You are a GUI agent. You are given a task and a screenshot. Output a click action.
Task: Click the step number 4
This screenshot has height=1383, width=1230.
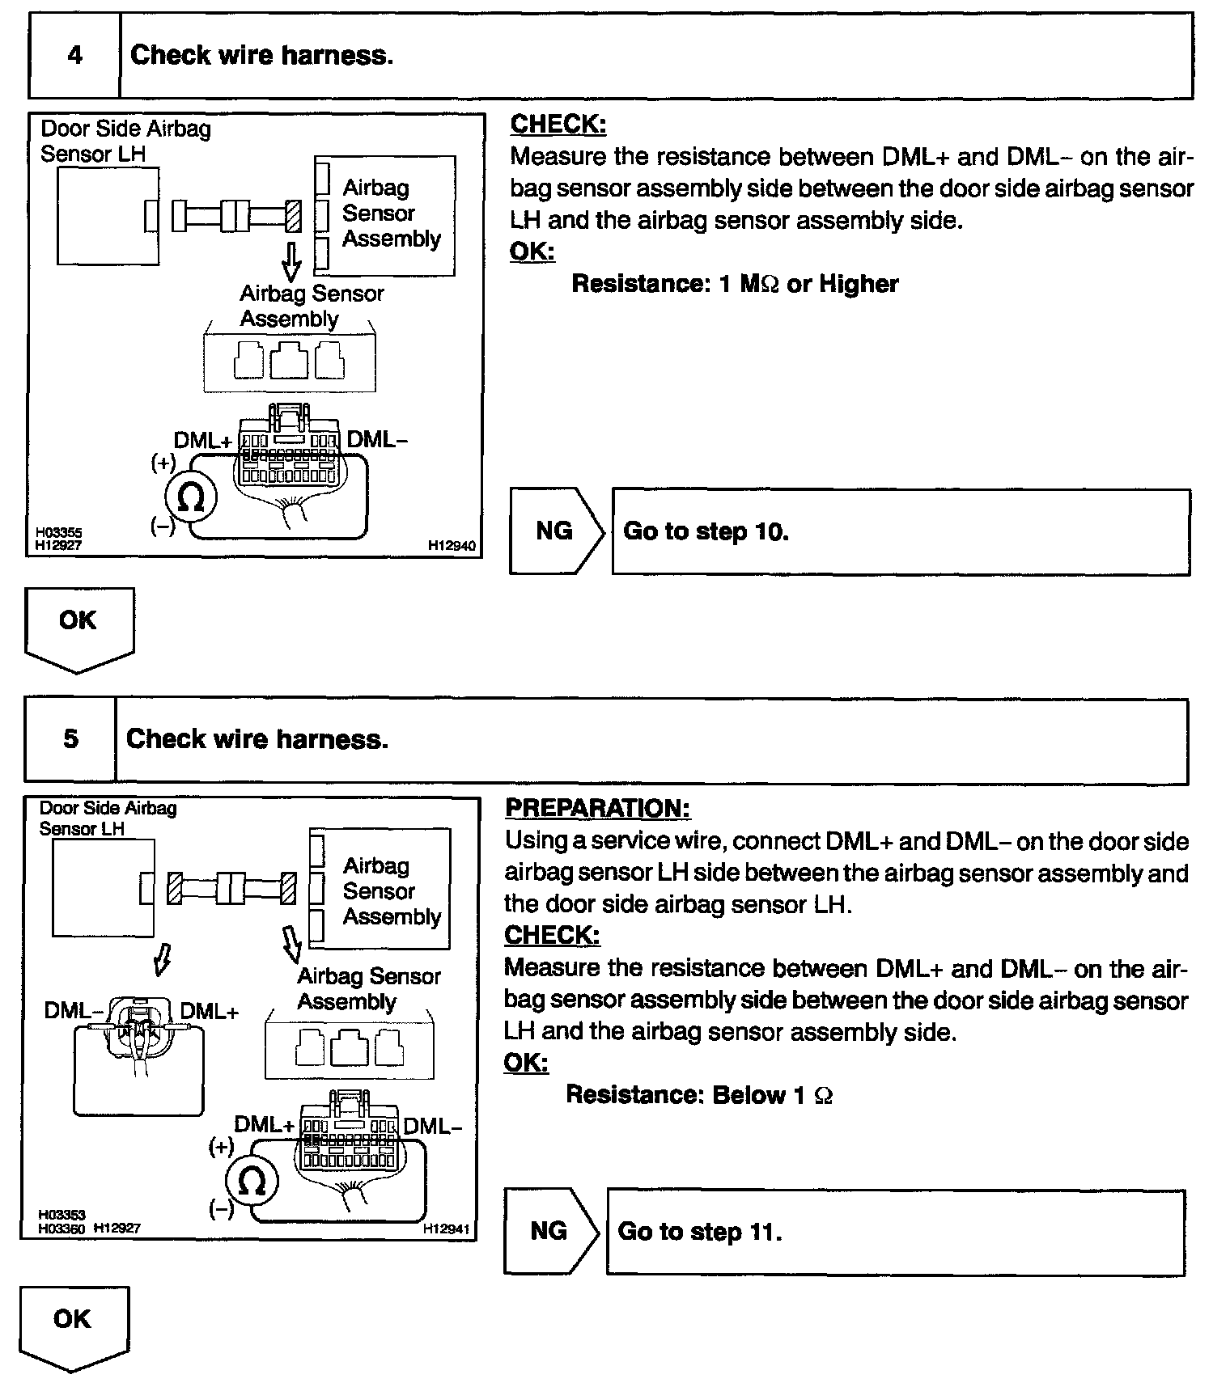[x=74, y=55]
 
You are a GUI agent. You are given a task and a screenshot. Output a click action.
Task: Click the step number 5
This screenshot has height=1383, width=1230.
[x=71, y=738]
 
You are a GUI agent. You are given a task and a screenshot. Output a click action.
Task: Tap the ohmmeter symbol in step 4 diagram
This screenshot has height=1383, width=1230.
[x=190, y=498]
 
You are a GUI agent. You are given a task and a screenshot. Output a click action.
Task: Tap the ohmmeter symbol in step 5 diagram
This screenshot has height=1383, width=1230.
[x=252, y=1182]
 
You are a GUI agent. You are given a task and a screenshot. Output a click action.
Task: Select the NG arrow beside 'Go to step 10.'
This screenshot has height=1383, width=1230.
[x=555, y=531]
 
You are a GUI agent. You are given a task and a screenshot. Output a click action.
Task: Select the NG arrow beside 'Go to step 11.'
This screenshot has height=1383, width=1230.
[x=549, y=1231]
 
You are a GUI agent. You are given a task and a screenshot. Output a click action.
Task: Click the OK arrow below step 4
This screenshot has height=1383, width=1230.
[x=78, y=627]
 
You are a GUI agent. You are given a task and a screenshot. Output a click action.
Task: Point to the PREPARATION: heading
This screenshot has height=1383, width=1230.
[x=597, y=808]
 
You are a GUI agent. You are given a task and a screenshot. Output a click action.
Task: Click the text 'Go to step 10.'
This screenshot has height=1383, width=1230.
[x=706, y=531]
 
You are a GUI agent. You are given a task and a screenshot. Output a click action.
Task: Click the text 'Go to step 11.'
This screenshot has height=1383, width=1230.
[x=700, y=1232]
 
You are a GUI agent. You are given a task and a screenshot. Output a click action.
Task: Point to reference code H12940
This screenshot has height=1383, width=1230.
[x=452, y=546]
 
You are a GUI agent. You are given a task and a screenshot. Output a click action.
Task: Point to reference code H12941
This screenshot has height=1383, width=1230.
[x=446, y=1229]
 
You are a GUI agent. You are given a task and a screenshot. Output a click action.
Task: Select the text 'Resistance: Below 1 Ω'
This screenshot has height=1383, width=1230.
[x=699, y=1095]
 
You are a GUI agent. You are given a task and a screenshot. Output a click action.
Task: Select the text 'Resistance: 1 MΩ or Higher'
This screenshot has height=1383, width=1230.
[x=735, y=284]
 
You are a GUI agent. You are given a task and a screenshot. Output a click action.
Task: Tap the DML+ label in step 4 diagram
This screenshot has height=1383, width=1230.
[x=202, y=441]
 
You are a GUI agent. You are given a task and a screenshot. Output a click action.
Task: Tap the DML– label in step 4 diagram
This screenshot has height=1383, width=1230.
[x=377, y=439]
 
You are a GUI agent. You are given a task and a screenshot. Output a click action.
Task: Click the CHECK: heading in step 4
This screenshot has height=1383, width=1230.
[x=558, y=125]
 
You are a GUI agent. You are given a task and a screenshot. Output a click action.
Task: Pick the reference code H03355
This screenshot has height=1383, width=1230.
[x=58, y=533]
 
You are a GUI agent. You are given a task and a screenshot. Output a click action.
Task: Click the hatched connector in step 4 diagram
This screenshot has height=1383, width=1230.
[x=294, y=216]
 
